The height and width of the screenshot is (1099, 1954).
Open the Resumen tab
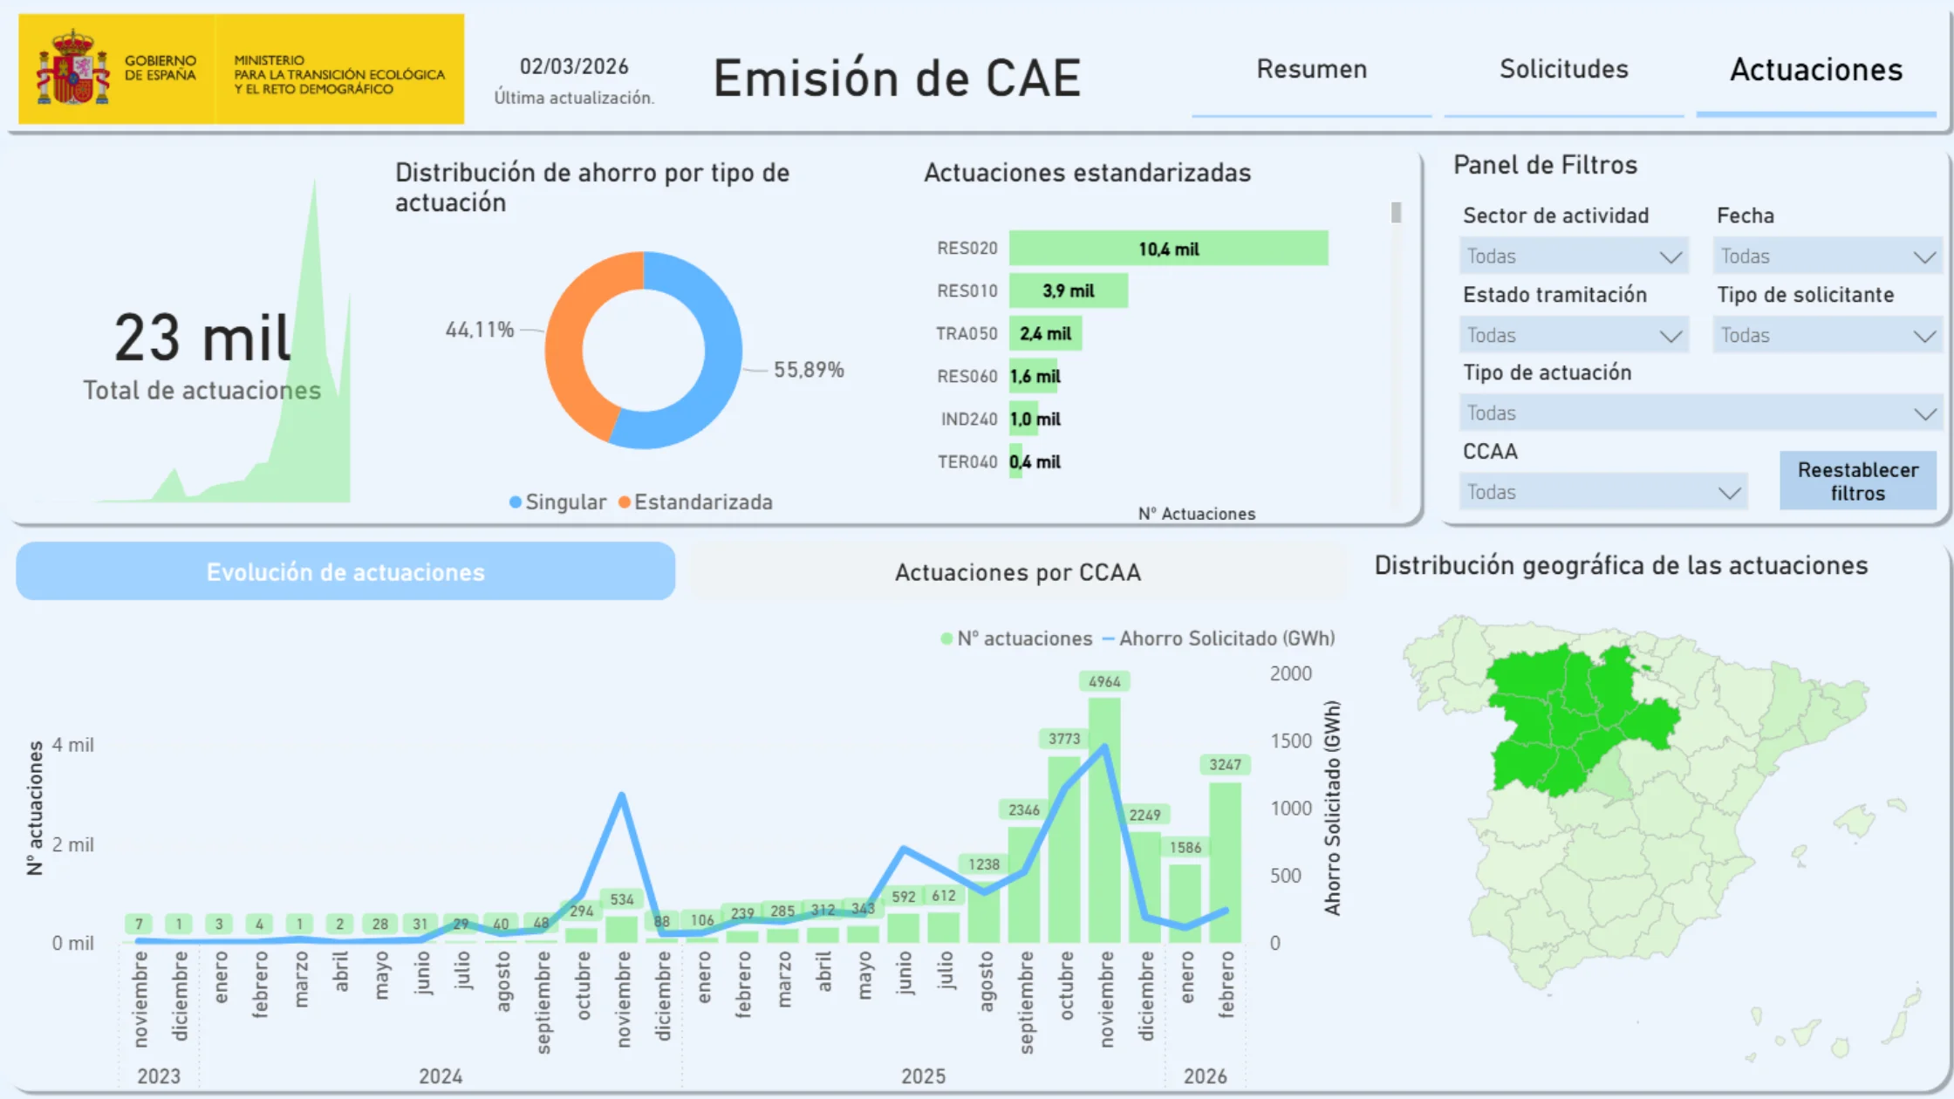(x=1311, y=70)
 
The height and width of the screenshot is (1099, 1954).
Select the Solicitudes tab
(x=1563, y=70)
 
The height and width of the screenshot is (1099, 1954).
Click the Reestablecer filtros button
(x=1857, y=481)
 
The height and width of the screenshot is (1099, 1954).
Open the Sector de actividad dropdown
(x=1573, y=256)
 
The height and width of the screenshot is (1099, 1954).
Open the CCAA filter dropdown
(x=1602, y=492)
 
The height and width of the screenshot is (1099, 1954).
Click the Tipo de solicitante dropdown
(x=1827, y=336)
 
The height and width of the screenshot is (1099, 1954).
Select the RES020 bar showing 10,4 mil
(x=1168, y=249)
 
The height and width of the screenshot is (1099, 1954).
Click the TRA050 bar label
(x=966, y=334)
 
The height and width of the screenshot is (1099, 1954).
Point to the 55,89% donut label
(x=809, y=370)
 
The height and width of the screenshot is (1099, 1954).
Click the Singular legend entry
(x=558, y=502)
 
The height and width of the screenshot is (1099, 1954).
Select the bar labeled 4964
(x=1104, y=820)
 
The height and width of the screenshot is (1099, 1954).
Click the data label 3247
(x=1225, y=765)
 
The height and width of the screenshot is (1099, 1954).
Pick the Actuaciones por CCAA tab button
(x=1017, y=572)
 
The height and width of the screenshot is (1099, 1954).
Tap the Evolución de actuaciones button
(x=345, y=572)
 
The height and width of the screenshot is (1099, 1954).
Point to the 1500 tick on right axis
(x=1290, y=741)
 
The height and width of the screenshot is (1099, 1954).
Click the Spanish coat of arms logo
(x=72, y=68)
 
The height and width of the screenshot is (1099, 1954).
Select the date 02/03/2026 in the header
(x=574, y=66)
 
